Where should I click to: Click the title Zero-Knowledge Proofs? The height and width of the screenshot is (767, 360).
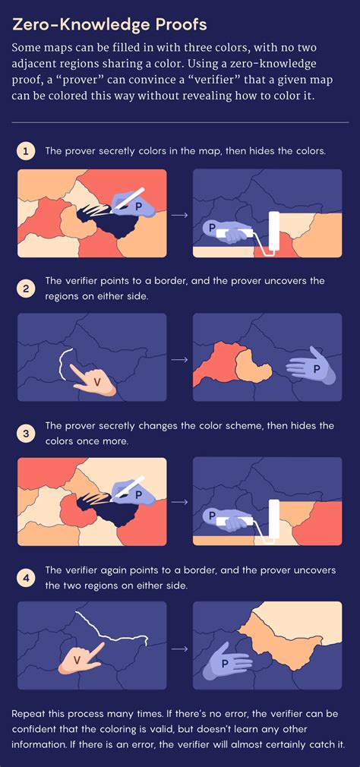[111, 24]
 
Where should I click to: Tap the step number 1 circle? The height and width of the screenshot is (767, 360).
[26, 151]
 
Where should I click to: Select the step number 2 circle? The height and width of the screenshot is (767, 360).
[26, 289]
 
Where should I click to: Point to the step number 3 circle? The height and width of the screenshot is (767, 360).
[26, 433]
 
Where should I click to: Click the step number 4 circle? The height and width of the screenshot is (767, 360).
[26, 577]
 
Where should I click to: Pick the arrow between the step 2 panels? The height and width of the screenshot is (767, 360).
[180, 359]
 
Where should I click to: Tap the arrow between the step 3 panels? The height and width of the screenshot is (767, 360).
[180, 502]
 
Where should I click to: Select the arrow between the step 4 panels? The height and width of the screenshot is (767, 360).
[180, 648]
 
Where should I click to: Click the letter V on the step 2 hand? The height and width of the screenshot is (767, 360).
[96, 383]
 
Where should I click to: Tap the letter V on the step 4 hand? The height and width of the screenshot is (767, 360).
[77, 659]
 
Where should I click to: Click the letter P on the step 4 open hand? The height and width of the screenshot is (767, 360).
[225, 663]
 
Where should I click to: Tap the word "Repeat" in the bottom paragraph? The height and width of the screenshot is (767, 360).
[27, 713]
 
